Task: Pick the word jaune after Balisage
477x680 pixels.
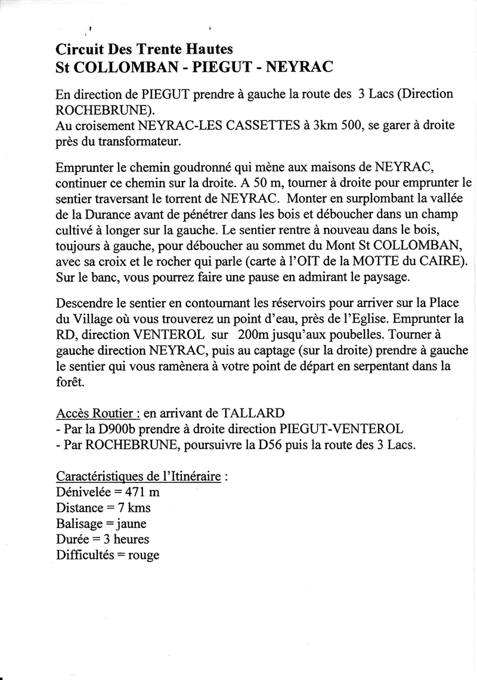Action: coord(128,523)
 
